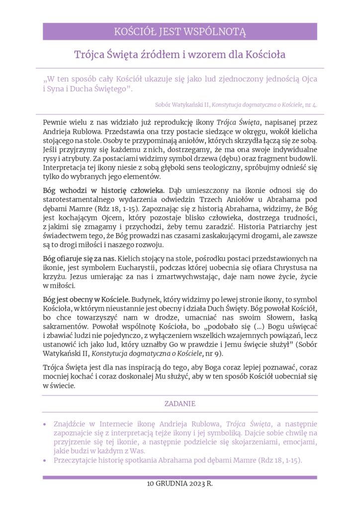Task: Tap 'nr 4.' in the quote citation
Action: click(311, 105)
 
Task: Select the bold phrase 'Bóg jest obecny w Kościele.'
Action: click(87, 300)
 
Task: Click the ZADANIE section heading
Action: click(180, 404)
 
